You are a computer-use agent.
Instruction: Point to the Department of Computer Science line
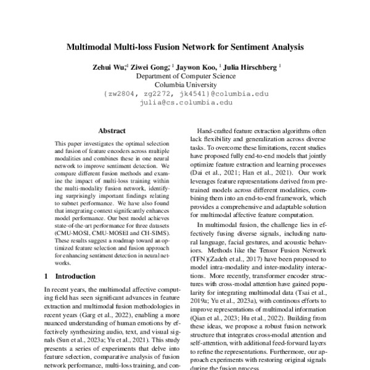point(184,76)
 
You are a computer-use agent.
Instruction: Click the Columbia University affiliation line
point(184,85)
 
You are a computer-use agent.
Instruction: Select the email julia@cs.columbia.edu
point(184,103)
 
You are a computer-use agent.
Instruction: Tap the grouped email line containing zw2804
point(184,94)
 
